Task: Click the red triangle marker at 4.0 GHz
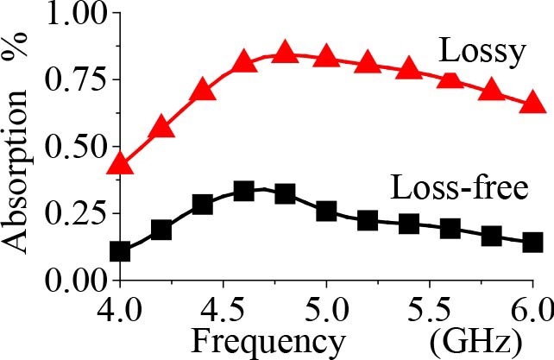click(121, 163)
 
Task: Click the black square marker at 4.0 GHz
click(121, 251)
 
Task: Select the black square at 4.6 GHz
click(244, 191)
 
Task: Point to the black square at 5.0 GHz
click(326, 211)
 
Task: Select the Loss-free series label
click(458, 186)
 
